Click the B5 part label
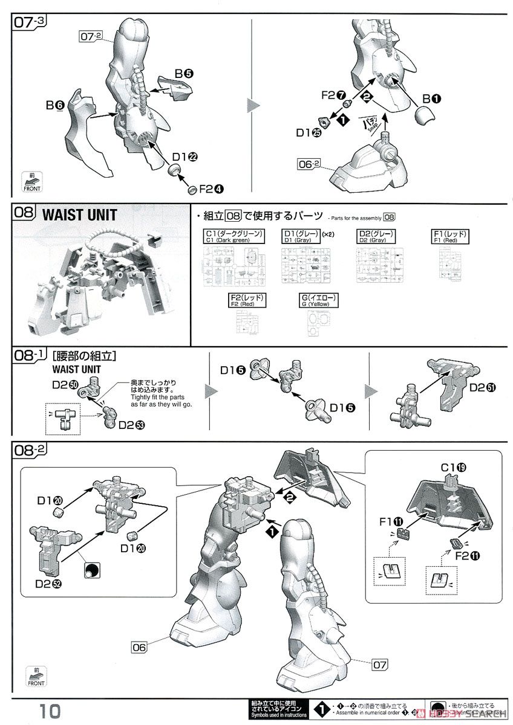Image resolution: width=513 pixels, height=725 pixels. tap(184, 74)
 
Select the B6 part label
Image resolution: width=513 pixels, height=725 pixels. tap(55, 105)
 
